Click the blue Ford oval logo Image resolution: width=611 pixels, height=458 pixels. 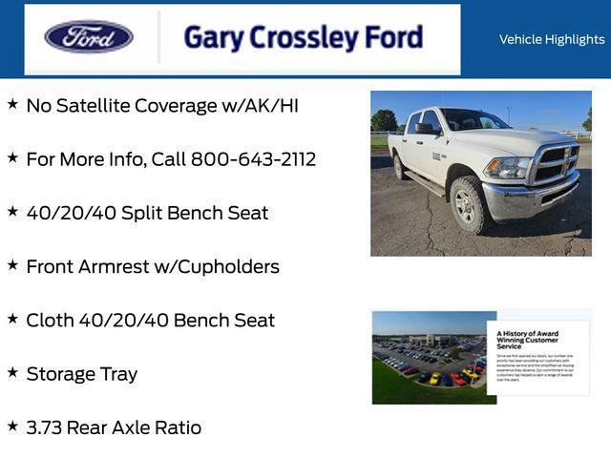(89, 38)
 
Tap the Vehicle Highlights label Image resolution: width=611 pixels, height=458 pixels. (552, 39)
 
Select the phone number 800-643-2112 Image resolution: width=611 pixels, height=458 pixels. (253, 159)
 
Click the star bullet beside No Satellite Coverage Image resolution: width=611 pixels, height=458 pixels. (12, 104)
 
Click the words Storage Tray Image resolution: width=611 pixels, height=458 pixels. (82, 374)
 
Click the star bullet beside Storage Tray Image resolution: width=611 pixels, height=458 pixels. (12, 372)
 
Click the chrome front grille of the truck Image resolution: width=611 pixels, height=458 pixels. (555, 164)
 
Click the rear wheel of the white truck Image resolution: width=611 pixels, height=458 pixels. (399, 166)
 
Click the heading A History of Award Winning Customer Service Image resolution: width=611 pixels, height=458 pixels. (528, 340)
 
